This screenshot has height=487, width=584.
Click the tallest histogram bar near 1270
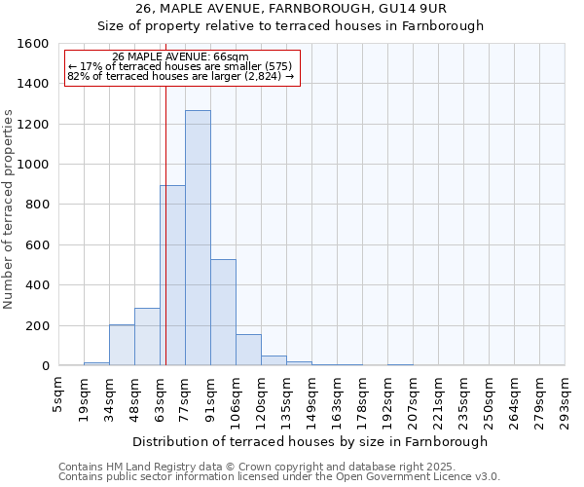[x=198, y=238]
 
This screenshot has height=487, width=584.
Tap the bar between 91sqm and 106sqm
[x=223, y=313]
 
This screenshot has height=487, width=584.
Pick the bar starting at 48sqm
[x=147, y=337]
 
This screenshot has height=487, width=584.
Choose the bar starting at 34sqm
[x=122, y=345]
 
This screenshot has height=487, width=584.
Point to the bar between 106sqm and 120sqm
[x=248, y=350]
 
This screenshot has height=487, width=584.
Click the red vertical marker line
[x=165, y=243]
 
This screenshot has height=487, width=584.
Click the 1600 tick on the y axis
[x=34, y=44]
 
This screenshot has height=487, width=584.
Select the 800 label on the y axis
[x=37, y=205]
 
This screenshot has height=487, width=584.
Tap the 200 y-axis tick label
[x=37, y=325]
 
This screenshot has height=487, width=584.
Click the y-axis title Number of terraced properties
[x=9, y=208]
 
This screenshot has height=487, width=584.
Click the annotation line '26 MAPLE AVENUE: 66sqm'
[x=181, y=57]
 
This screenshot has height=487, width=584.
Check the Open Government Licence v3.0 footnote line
[x=279, y=477]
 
